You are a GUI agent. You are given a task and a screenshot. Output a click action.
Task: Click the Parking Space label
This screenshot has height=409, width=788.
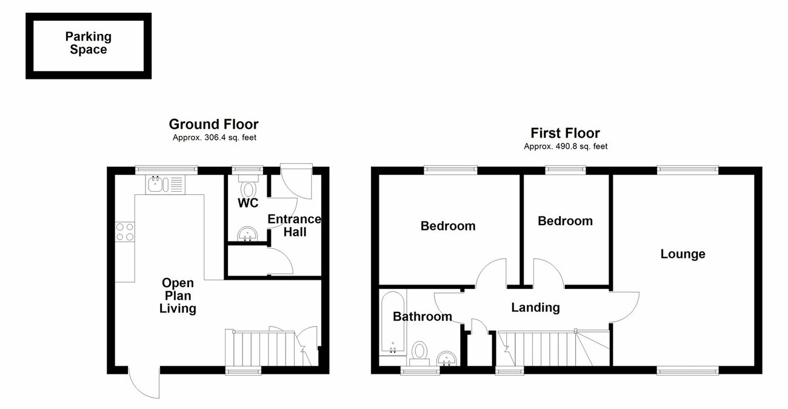(88, 44)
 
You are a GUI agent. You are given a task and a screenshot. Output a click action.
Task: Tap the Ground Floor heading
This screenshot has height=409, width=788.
(213, 124)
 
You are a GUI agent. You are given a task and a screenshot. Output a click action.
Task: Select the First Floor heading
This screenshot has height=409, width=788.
(565, 133)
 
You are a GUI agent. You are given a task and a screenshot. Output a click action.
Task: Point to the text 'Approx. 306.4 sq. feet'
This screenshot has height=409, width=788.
(213, 138)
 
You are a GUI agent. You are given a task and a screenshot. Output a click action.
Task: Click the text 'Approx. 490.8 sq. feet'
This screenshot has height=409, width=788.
(565, 146)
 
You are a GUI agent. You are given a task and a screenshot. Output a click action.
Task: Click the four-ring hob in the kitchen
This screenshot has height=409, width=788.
(125, 232)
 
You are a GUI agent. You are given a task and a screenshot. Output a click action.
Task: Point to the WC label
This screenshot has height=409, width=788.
(247, 203)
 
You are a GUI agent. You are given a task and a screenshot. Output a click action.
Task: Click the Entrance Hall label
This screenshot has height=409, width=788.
(294, 225)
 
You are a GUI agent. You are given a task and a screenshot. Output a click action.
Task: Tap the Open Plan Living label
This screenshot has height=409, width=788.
(178, 296)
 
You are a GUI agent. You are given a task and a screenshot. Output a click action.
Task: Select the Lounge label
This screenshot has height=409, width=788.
(683, 254)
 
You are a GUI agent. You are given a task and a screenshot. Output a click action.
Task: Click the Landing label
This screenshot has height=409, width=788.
(535, 308)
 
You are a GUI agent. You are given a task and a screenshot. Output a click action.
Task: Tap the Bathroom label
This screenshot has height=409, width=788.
(422, 316)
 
